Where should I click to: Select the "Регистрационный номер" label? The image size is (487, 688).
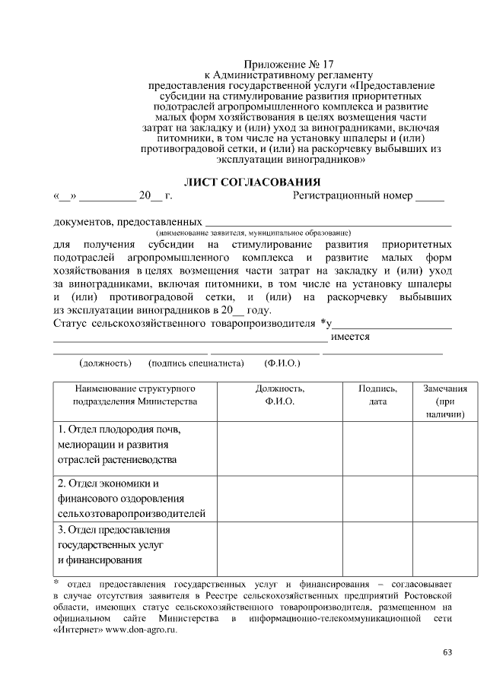point(352,196)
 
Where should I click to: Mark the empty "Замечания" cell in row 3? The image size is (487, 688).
point(445,546)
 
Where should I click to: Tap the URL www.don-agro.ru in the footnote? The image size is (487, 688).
point(141,630)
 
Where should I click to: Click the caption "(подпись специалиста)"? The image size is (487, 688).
point(196,363)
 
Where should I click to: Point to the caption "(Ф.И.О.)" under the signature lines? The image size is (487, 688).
point(282,363)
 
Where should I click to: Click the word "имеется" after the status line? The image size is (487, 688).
point(351,336)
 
